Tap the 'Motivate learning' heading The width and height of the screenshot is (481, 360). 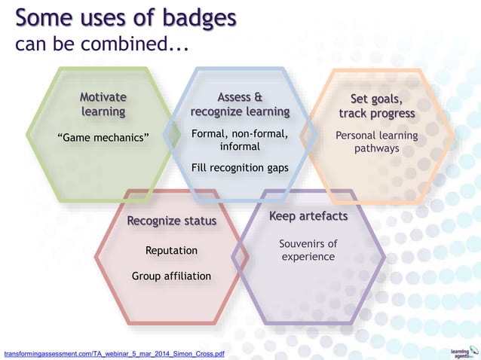(103, 105)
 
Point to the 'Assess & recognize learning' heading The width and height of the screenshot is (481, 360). (240, 105)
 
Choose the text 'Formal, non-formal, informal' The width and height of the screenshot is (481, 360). (240, 140)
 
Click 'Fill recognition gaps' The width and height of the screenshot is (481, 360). (240, 167)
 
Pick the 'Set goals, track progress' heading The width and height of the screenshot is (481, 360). (377, 106)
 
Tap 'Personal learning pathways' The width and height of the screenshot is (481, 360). (377, 142)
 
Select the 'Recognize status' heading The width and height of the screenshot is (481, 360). (172, 221)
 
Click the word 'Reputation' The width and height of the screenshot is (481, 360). (171, 250)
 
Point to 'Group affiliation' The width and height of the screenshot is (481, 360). (171, 276)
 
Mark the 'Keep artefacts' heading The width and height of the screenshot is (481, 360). (308, 217)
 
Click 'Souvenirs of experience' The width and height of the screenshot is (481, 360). (308, 250)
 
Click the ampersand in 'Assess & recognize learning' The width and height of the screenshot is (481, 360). (258, 97)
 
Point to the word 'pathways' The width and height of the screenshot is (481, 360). (377, 149)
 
